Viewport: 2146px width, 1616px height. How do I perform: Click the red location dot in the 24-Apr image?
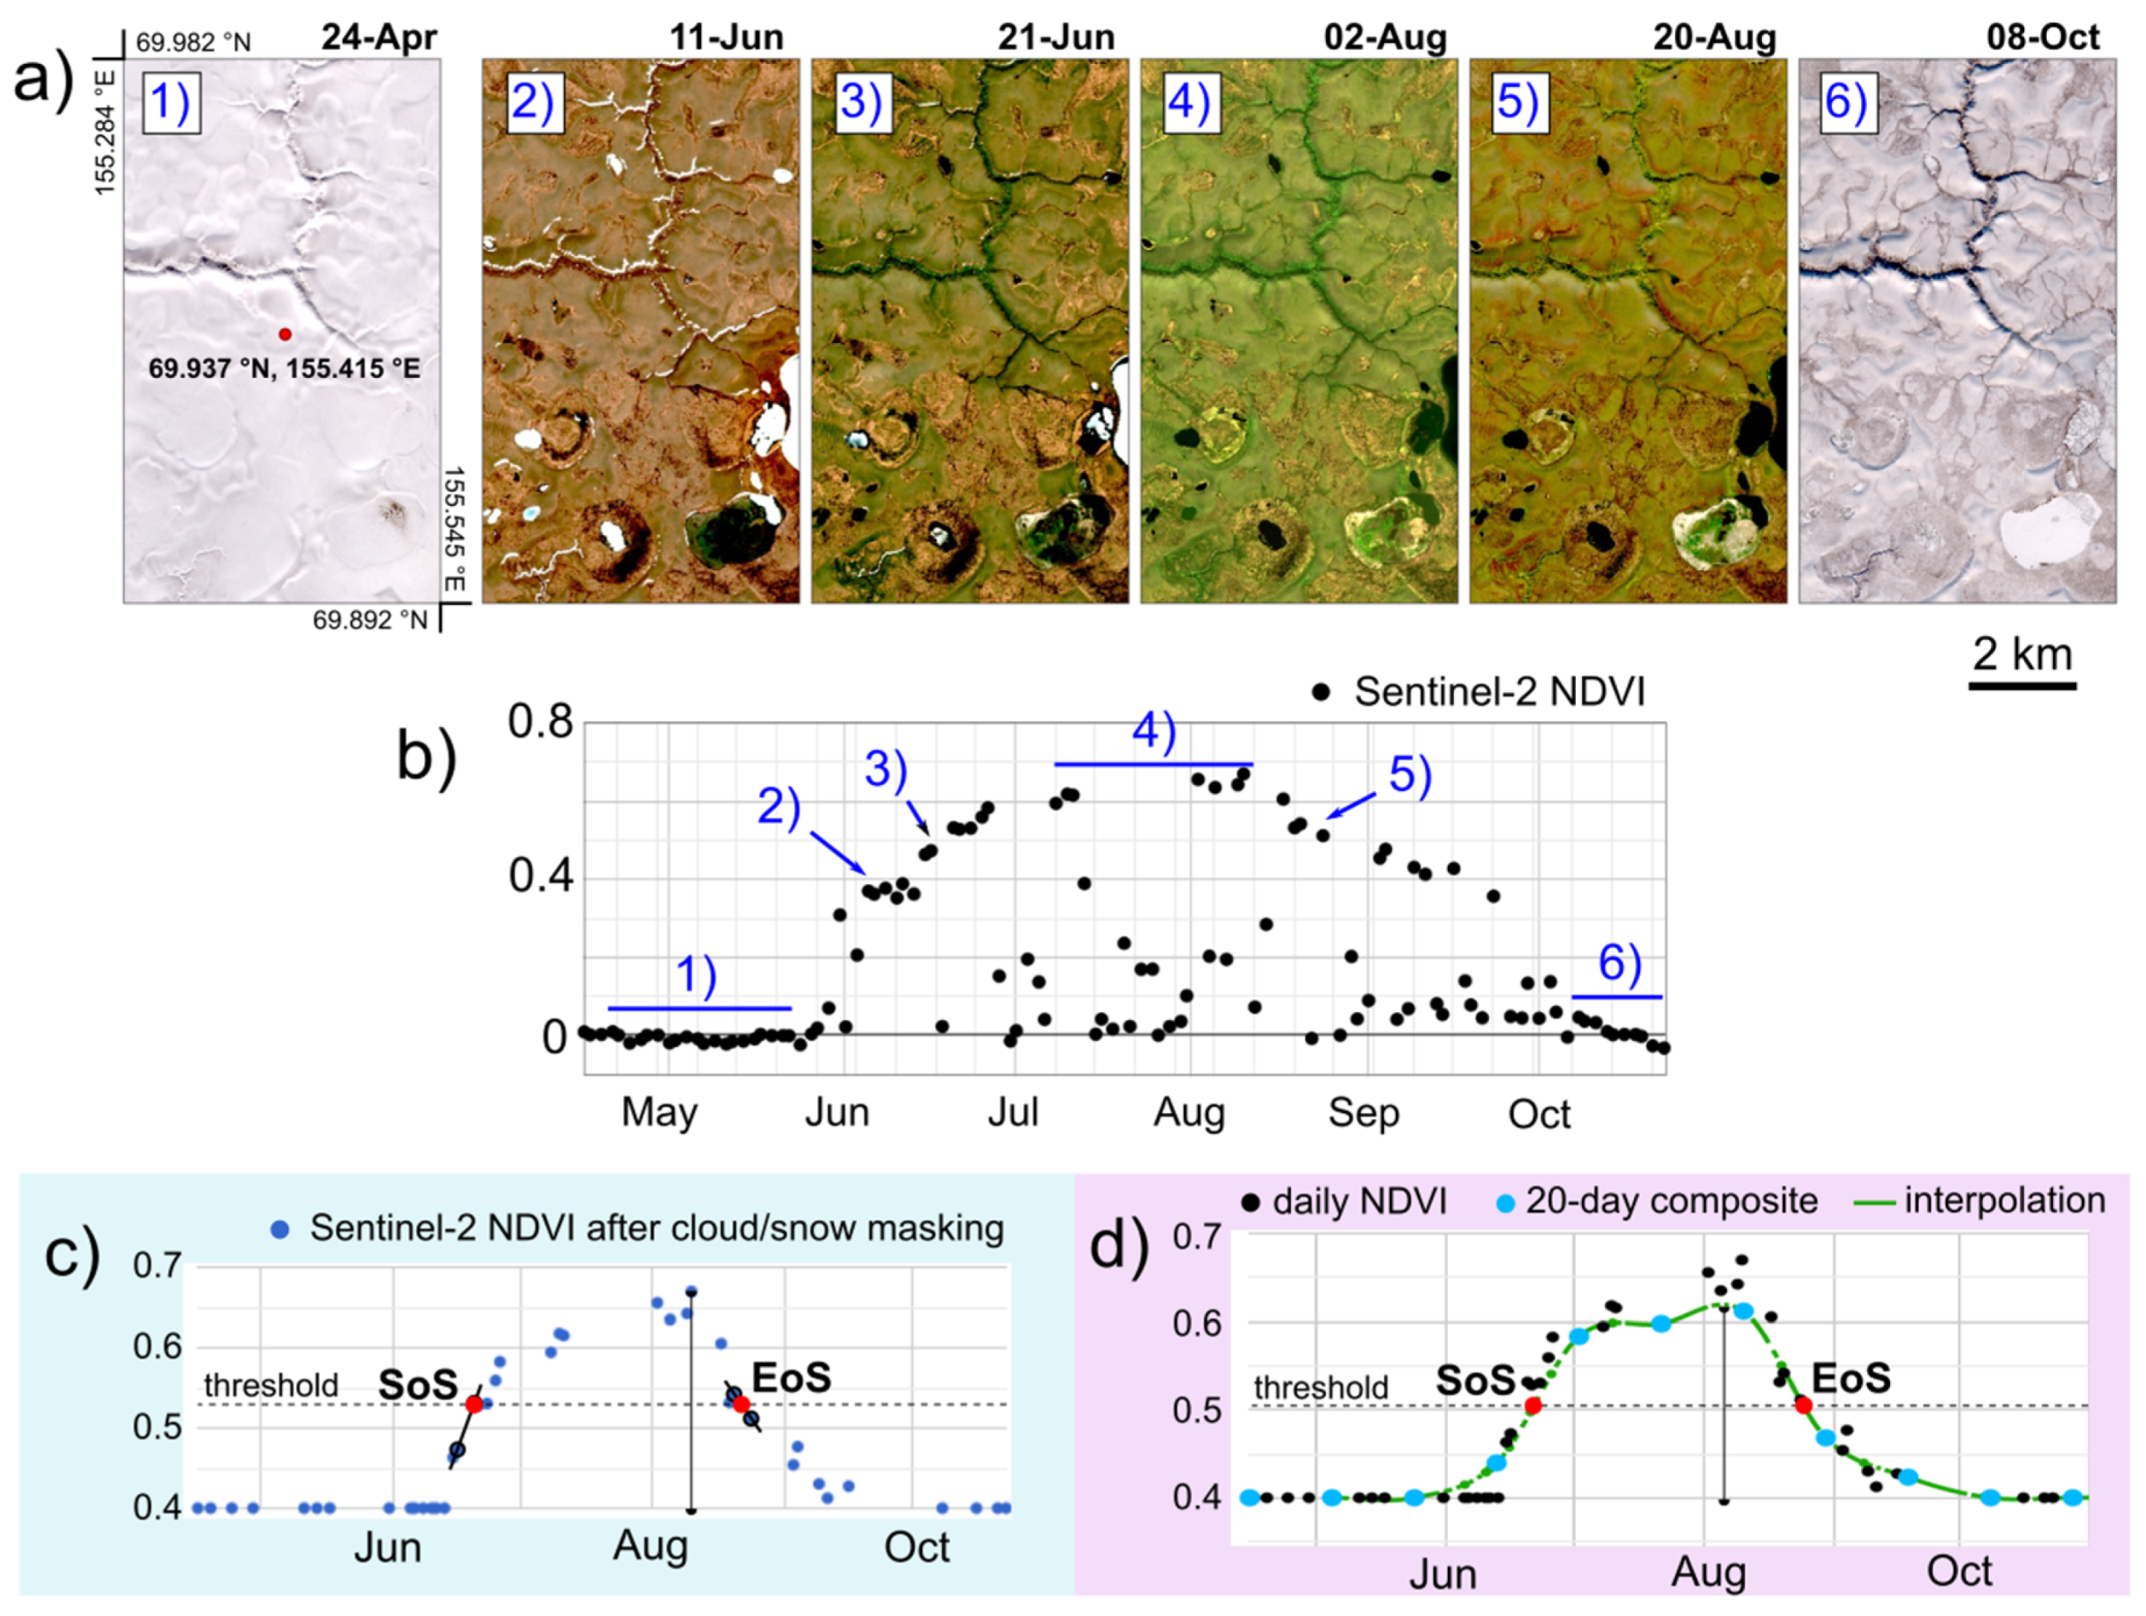(x=284, y=334)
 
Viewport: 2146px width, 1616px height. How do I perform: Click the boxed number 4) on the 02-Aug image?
(x=1189, y=102)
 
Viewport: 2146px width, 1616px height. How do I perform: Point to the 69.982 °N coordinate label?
(x=193, y=43)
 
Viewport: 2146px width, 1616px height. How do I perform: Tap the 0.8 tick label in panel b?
(x=540, y=723)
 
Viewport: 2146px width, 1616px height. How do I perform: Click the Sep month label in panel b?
(x=1363, y=1112)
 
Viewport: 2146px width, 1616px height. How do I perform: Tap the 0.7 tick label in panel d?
(x=1196, y=1237)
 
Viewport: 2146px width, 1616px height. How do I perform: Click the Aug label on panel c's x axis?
(x=650, y=1546)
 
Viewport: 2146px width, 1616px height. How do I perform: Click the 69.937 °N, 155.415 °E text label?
(x=284, y=369)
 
